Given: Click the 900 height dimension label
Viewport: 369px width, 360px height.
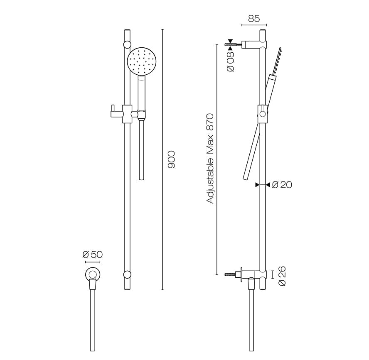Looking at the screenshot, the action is tap(172, 160).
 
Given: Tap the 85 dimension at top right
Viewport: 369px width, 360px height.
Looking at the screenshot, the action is tap(254, 18).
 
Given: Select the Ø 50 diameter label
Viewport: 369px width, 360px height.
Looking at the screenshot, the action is tap(93, 255).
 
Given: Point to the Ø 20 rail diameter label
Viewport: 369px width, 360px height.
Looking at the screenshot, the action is tap(282, 185).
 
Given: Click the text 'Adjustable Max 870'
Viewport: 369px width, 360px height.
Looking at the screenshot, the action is tap(210, 159).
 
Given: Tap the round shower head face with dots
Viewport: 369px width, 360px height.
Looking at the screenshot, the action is tap(142, 61).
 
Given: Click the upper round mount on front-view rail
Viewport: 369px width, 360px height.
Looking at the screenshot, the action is tap(127, 44).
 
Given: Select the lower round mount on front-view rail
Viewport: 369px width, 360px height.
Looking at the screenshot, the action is tap(127, 274).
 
